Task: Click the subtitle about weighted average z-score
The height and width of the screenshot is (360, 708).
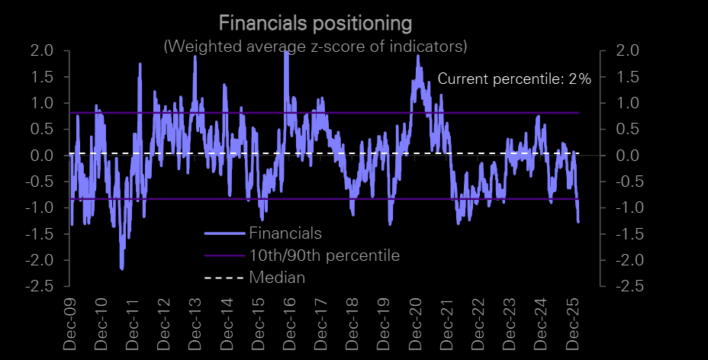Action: (315, 47)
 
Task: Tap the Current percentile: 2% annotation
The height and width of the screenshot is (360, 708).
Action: (514, 79)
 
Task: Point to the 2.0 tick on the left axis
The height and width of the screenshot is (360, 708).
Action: (42, 51)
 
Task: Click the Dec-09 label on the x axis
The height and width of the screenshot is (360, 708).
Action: (70, 326)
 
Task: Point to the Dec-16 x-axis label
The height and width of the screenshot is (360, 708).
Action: (291, 326)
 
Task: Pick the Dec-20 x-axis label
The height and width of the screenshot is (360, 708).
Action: (417, 326)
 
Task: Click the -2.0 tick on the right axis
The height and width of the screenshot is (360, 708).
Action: (620, 261)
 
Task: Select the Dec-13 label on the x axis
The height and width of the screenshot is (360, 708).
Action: (196, 326)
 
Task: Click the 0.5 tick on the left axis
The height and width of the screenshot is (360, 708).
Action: (42, 130)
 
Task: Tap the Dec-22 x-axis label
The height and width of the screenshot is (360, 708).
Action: (479, 326)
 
